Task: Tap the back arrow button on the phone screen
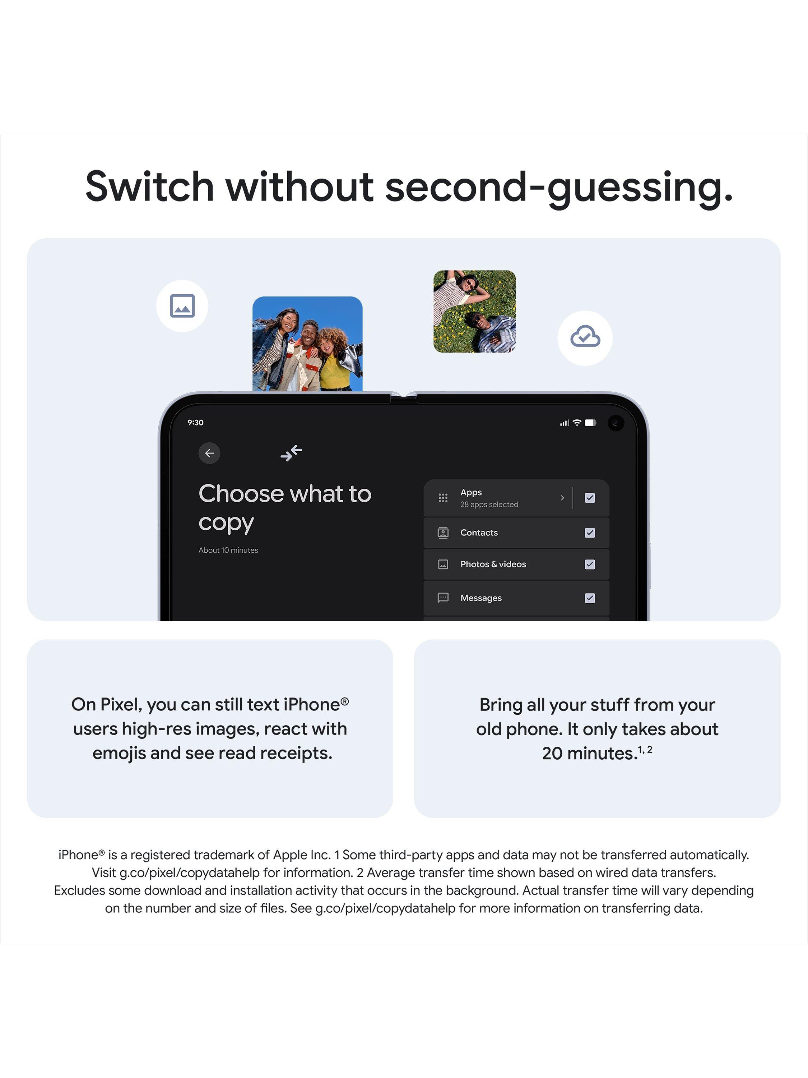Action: coord(209,453)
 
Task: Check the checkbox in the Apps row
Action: coord(590,498)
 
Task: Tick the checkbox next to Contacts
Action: coord(590,533)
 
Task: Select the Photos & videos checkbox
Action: coord(590,565)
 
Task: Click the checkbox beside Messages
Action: coord(590,598)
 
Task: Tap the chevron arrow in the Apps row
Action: coord(562,498)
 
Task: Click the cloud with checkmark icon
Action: coord(585,337)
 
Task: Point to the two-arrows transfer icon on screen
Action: coord(291,453)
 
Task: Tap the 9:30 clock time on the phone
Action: coord(195,423)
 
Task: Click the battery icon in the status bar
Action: coord(590,423)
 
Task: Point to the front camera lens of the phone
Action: coord(616,423)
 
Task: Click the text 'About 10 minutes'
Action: coord(228,550)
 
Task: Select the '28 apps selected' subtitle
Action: coord(489,505)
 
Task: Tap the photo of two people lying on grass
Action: coord(474,312)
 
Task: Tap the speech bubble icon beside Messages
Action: coord(443,598)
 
